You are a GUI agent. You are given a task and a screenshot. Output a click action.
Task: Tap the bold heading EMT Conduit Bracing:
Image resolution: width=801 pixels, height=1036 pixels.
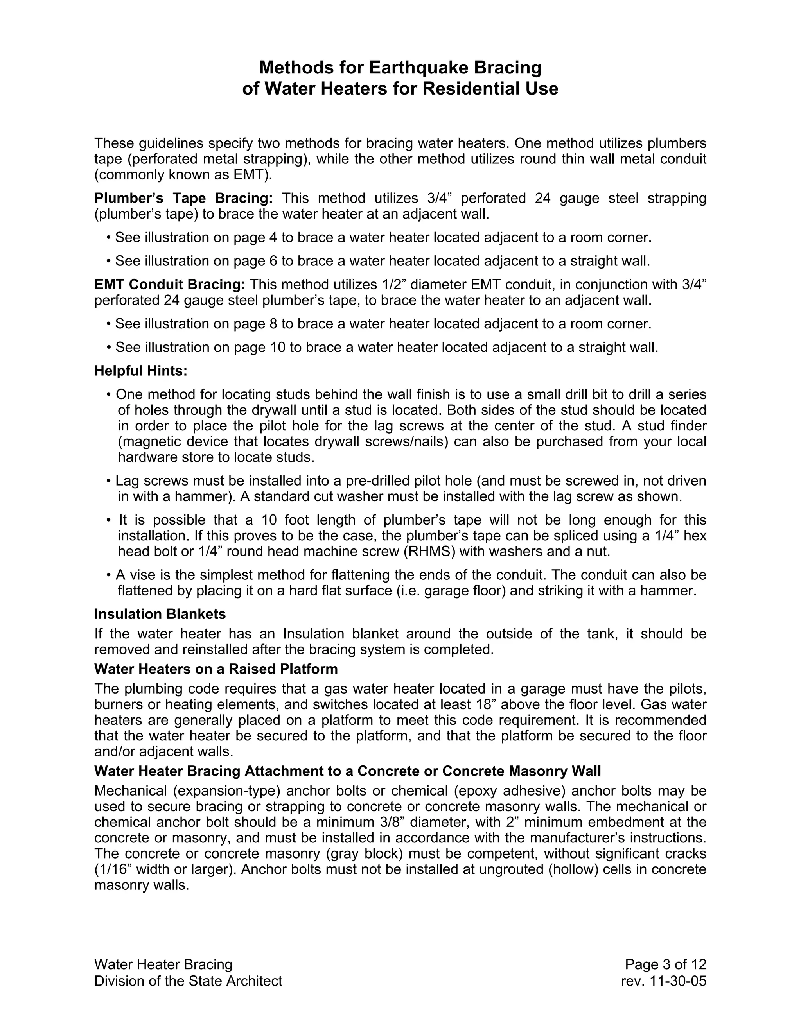click(x=170, y=285)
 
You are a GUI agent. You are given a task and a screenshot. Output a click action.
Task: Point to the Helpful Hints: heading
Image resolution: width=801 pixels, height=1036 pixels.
click(x=141, y=371)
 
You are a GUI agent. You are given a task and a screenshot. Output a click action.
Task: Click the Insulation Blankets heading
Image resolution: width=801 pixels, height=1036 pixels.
click(x=160, y=614)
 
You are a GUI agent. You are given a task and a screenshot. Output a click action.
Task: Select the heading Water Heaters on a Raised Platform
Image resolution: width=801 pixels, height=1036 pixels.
click(x=216, y=669)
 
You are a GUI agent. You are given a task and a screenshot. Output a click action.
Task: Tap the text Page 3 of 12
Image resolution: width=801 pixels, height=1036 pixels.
click(x=665, y=964)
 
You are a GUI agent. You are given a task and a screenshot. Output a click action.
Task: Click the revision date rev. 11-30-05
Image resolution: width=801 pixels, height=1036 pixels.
click(x=663, y=980)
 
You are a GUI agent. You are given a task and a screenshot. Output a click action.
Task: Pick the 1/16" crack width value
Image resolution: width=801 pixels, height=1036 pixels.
click(x=113, y=869)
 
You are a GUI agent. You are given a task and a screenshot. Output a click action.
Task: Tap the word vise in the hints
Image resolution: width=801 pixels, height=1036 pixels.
click(x=140, y=575)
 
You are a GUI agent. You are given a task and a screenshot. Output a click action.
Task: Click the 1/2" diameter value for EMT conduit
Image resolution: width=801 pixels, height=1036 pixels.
click(x=393, y=285)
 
